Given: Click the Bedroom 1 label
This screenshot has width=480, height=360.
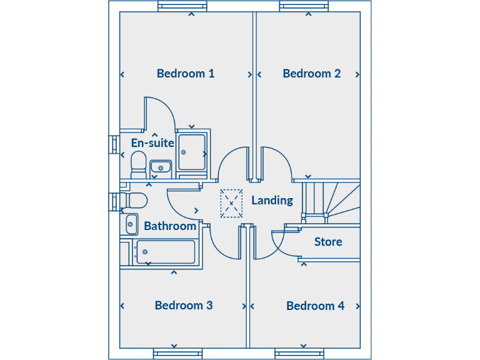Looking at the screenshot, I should click(186, 74).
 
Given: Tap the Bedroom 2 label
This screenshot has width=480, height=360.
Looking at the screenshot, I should click(311, 74).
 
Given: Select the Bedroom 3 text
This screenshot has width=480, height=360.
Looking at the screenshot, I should click(184, 306).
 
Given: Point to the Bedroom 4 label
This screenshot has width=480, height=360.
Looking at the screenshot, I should click(315, 306).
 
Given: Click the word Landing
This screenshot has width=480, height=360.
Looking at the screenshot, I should click(272, 201).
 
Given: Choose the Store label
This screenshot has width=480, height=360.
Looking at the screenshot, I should click(328, 242).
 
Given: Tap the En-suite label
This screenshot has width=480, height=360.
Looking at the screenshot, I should click(152, 143).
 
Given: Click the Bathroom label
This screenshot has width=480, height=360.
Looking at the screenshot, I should click(170, 226).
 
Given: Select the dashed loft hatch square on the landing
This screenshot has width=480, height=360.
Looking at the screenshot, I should click(231, 204).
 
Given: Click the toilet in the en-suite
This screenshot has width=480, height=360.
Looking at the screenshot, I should click(138, 165).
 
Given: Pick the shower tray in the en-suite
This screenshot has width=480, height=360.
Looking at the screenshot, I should click(192, 152).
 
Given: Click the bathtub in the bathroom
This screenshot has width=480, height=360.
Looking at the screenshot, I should click(166, 252).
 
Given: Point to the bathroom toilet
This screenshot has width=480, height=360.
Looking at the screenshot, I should click(134, 201).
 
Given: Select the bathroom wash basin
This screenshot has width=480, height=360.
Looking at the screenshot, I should click(131, 224).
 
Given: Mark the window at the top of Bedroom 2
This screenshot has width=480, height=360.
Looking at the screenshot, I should click(304, 6).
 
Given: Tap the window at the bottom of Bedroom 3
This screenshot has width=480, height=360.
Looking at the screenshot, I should click(177, 354).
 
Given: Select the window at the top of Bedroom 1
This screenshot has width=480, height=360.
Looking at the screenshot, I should click(182, 6).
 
